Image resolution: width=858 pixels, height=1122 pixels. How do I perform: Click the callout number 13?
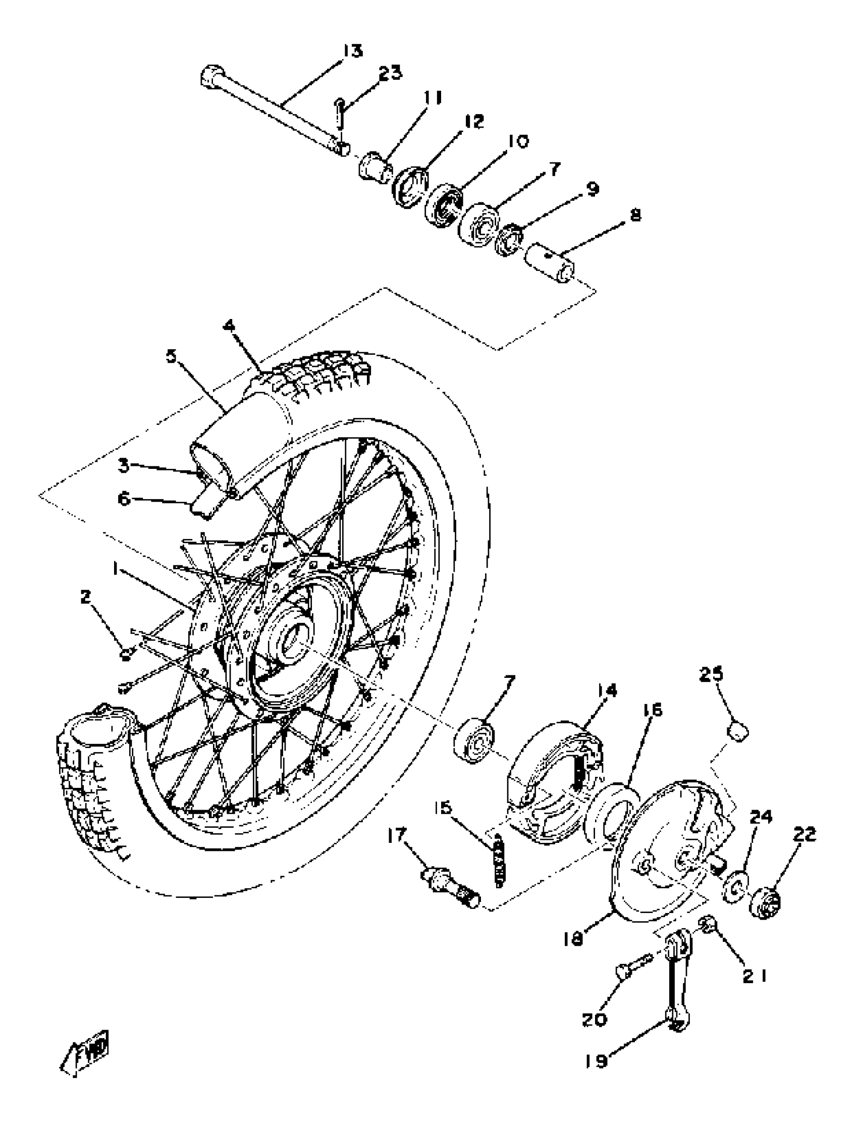(352, 51)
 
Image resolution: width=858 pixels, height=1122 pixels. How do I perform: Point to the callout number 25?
(712, 674)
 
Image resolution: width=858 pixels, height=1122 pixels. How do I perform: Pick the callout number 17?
(411, 836)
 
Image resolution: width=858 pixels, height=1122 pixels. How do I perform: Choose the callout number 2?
(85, 596)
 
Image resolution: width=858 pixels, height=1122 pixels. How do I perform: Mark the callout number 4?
(229, 326)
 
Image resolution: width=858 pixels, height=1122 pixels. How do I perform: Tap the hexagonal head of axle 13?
(211, 79)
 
